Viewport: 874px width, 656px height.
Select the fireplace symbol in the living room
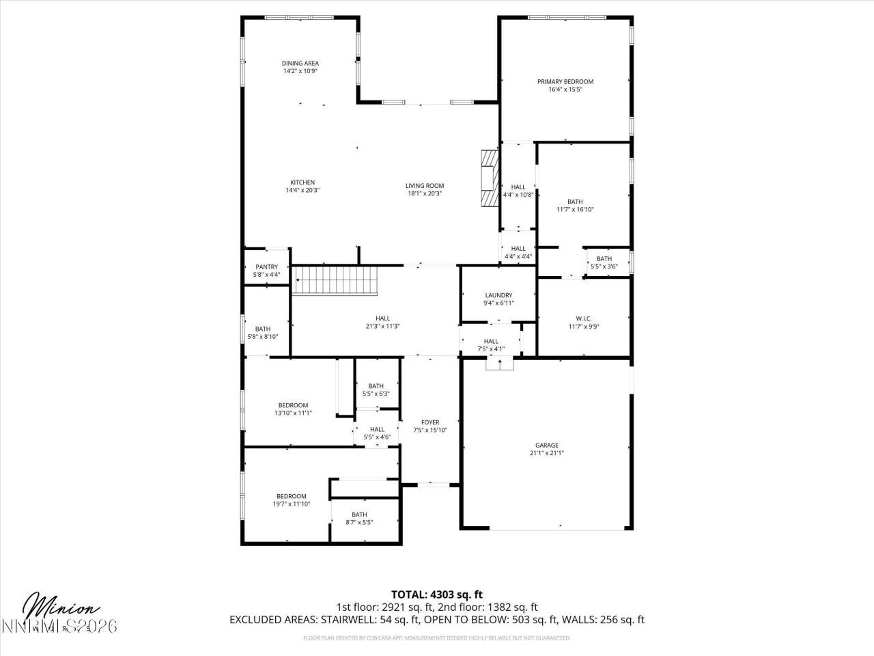tap(489, 178)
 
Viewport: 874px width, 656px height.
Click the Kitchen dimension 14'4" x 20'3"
tap(302, 191)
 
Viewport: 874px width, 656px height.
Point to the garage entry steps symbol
tap(499, 363)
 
